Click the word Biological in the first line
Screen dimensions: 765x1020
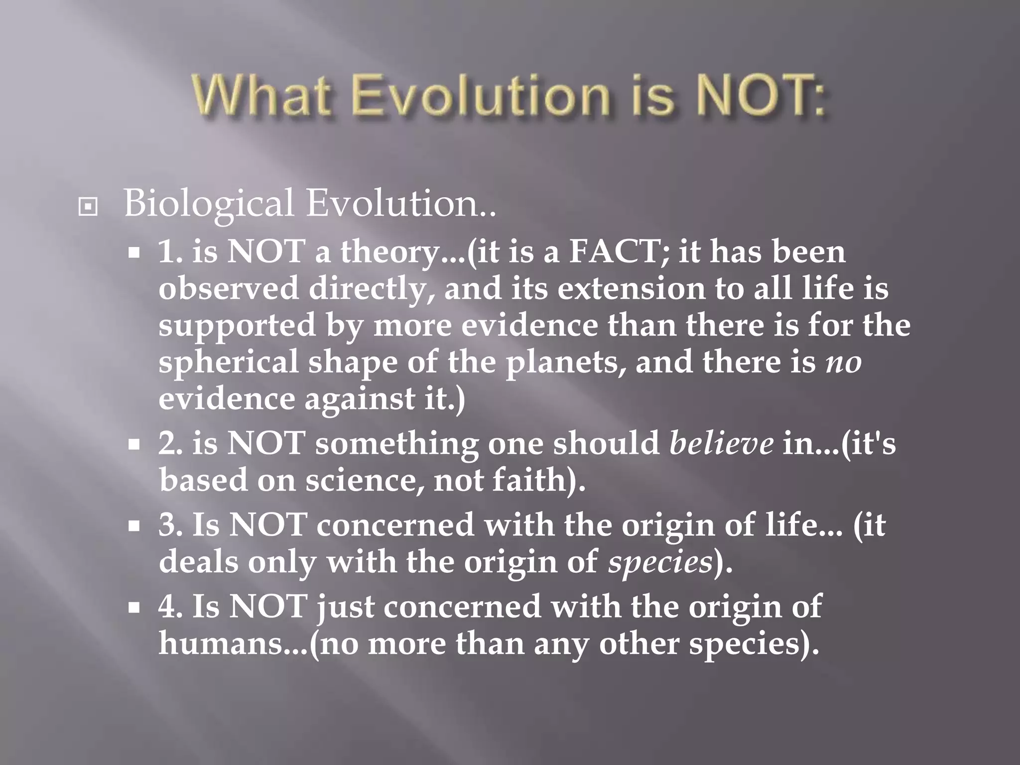(x=209, y=204)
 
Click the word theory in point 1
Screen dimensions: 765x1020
(x=396, y=253)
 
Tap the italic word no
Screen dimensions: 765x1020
(x=843, y=363)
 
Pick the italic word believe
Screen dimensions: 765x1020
(x=721, y=443)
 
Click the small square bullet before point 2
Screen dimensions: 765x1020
(x=133, y=444)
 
